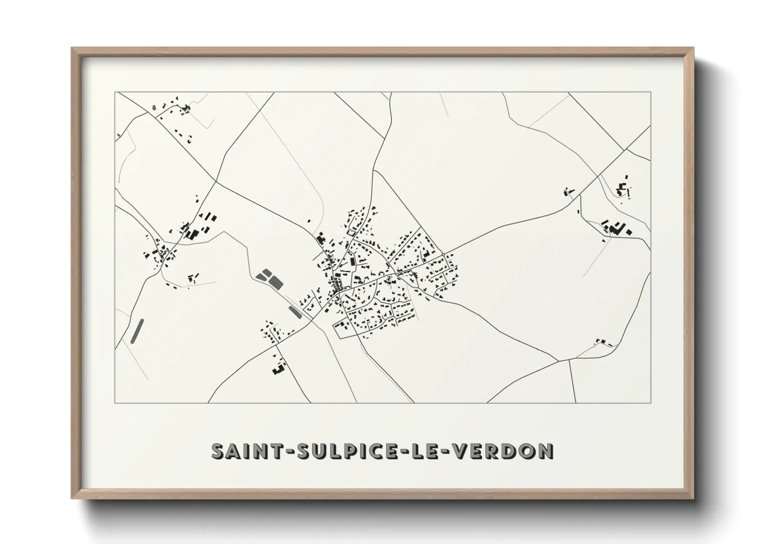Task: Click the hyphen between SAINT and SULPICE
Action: tap(276, 451)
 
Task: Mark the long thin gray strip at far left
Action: tap(137, 331)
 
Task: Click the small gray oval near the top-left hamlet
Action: tap(154, 108)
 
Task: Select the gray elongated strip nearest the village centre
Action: tap(295, 312)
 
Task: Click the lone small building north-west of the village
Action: tap(309, 221)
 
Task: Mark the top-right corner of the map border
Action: tap(650, 92)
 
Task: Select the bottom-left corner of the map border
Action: tap(115, 403)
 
